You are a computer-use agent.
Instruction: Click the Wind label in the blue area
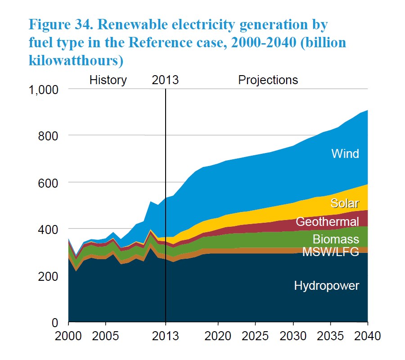tap(345, 154)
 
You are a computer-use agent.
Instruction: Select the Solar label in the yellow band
tap(345, 203)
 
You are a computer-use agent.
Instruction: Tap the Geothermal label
tap(327, 221)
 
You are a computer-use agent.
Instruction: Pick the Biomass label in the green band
tap(336, 238)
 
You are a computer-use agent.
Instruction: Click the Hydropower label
tap(327, 286)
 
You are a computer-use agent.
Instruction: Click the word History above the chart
tap(108, 80)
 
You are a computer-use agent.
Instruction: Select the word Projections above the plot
tap(268, 80)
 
